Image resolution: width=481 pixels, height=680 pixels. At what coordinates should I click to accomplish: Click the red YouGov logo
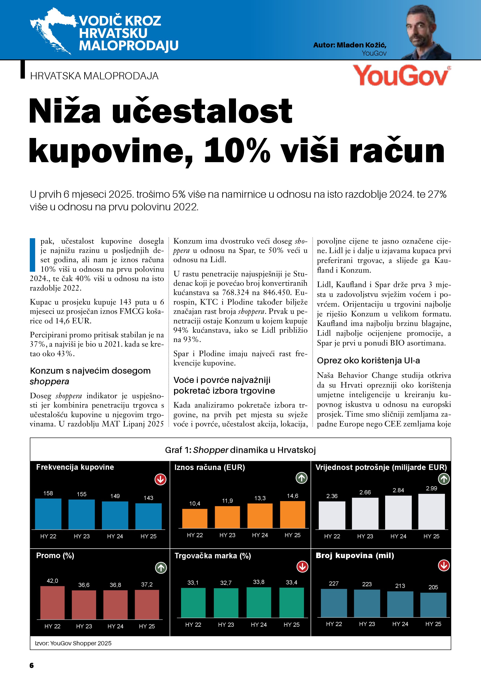401,76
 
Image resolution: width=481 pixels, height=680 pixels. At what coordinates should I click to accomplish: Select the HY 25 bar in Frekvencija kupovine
148,516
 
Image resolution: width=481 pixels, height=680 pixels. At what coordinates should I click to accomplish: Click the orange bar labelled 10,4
195,518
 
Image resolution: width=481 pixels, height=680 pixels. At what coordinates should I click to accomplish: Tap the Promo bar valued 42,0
52,602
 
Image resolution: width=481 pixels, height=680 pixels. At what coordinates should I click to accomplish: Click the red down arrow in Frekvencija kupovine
161,479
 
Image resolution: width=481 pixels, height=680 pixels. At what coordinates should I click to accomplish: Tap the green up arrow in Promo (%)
161,568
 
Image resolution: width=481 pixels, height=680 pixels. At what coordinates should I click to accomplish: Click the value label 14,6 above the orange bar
292,496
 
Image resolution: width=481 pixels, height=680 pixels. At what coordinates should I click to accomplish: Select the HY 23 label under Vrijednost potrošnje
365,536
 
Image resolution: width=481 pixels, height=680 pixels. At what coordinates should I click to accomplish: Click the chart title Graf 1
240,450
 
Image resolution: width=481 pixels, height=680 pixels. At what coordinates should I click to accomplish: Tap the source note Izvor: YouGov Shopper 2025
73,643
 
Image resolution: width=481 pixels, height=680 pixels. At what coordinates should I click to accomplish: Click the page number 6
32,666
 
